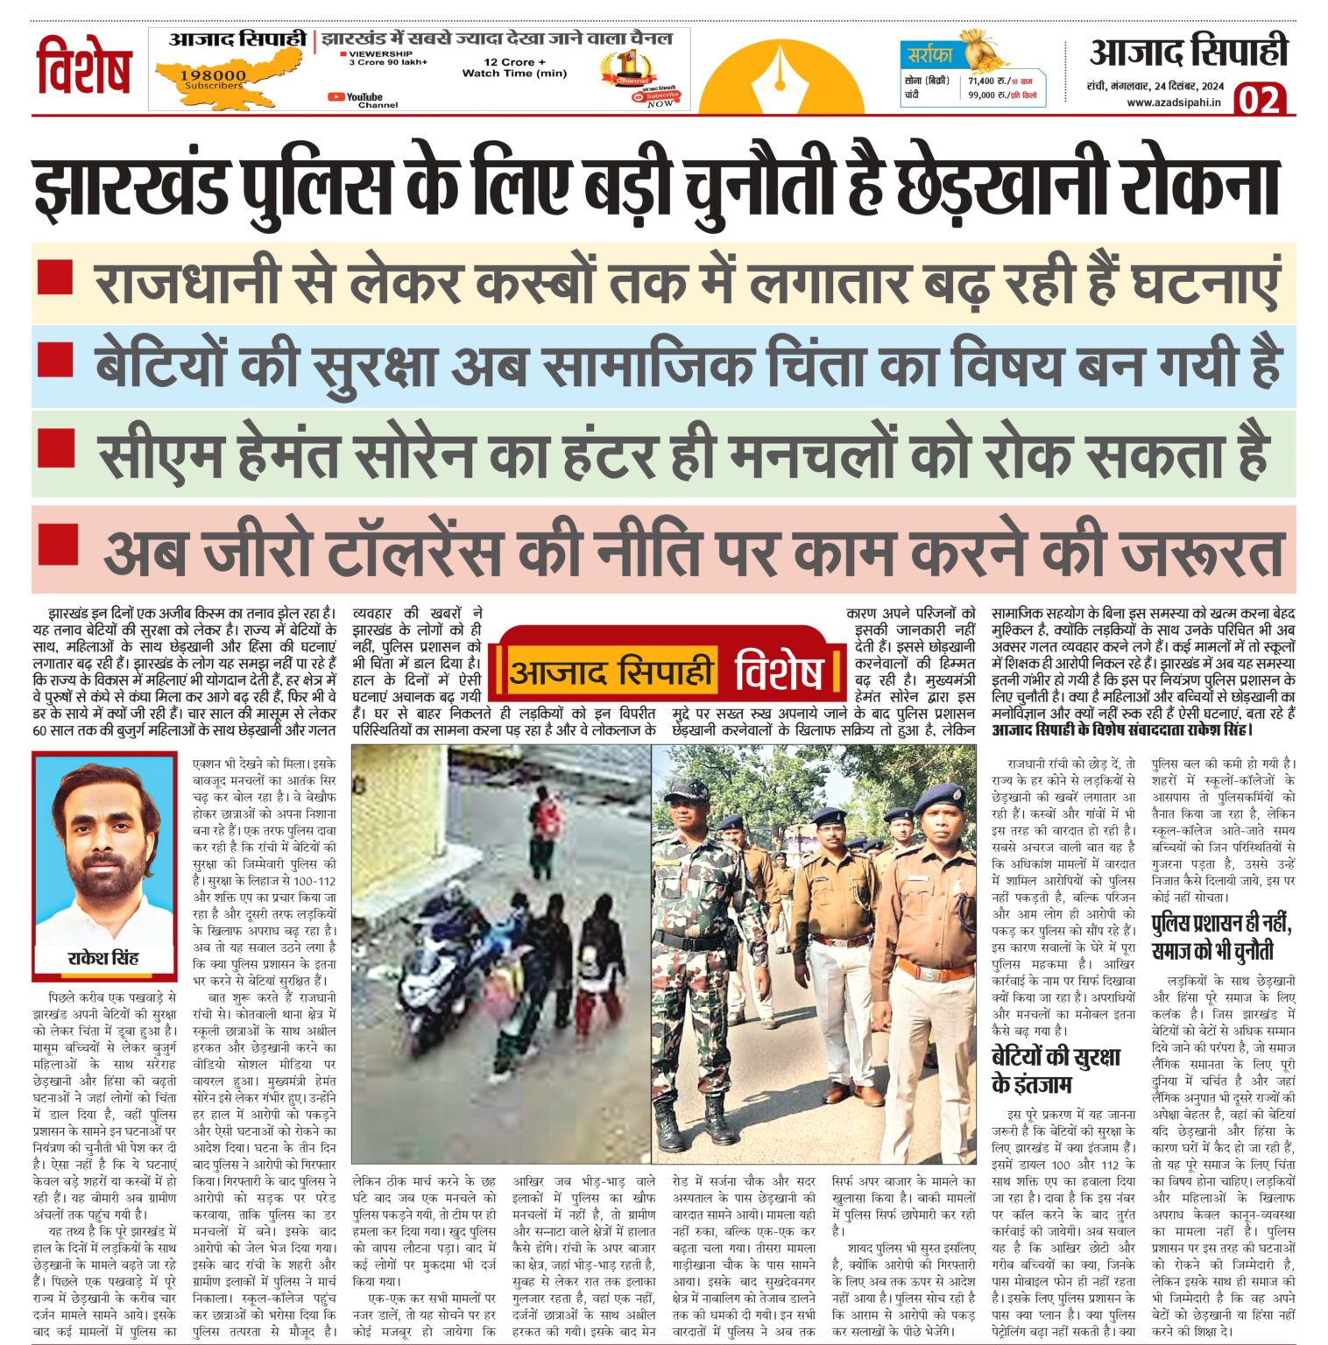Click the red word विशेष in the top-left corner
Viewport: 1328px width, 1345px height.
(x=84, y=67)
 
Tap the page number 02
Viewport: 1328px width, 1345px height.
(x=1260, y=100)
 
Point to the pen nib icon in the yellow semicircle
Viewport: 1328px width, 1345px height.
(x=779, y=74)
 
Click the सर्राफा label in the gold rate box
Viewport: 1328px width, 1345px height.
(x=930, y=55)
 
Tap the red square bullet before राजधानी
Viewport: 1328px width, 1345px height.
(x=55, y=276)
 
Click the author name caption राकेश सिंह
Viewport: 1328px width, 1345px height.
(x=103, y=957)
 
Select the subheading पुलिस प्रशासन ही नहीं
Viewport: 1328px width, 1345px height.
(x=1220, y=924)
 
